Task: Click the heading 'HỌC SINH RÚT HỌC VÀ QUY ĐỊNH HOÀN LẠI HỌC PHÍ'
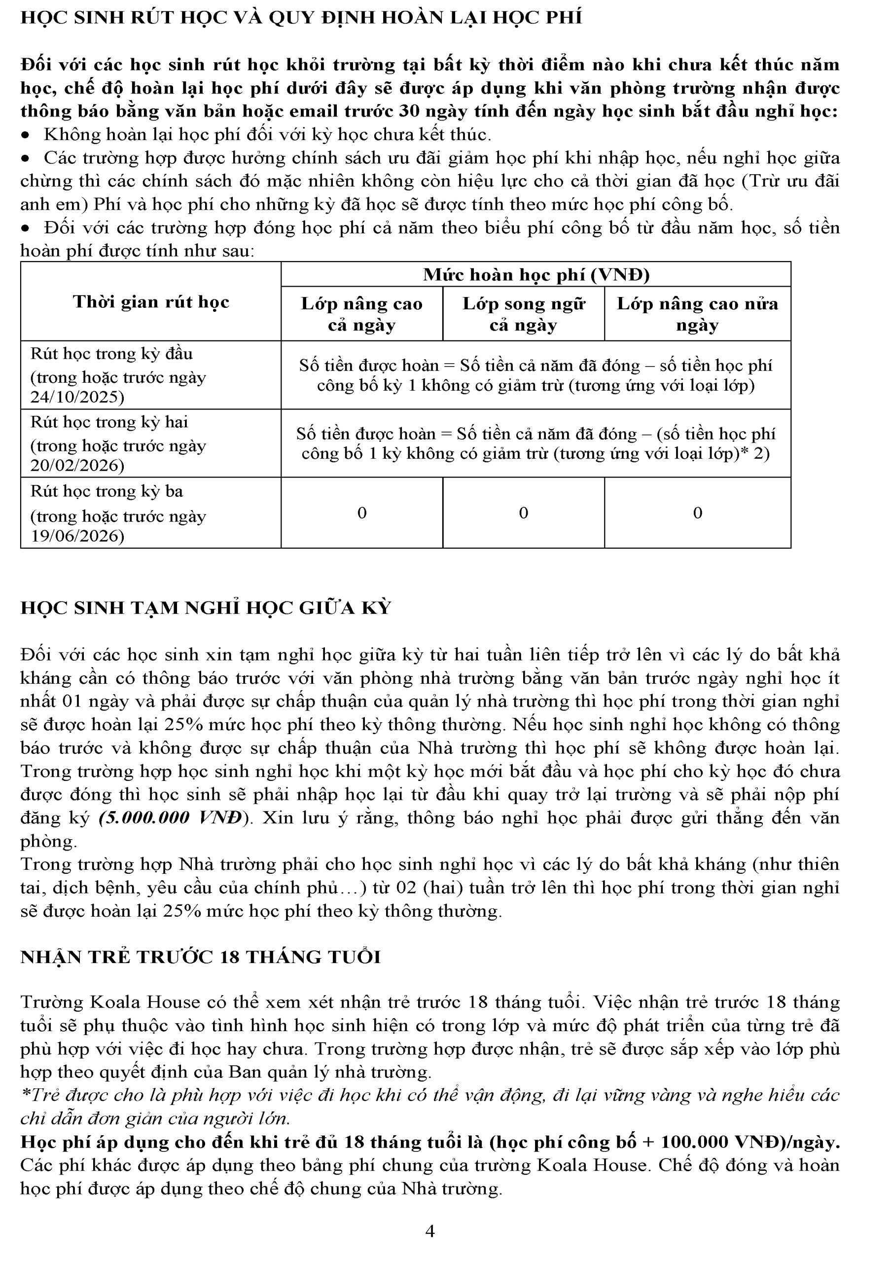click(x=301, y=18)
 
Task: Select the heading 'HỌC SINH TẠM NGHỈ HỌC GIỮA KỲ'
click(x=206, y=607)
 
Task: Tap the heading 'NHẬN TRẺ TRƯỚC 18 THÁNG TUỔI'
click(x=201, y=957)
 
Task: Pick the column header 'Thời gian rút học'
click(x=151, y=301)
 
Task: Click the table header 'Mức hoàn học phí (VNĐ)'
click(x=535, y=274)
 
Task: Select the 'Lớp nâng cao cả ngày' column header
click(x=361, y=314)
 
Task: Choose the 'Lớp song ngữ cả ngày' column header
click(x=523, y=314)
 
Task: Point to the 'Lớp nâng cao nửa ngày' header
click(x=697, y=314)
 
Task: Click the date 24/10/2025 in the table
click(x=77, y=397)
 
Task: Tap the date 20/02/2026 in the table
click(x=77, y=465)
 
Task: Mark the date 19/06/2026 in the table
click(x=77, y=536)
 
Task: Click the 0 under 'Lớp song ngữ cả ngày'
click(x=523, y=513)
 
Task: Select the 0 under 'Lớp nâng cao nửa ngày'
click(x=697, y=513)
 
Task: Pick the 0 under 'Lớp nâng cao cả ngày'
click(x=362, y=513)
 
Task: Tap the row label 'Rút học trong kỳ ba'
click(x=107, y=491)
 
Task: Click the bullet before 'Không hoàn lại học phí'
click(x=25, y=135)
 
